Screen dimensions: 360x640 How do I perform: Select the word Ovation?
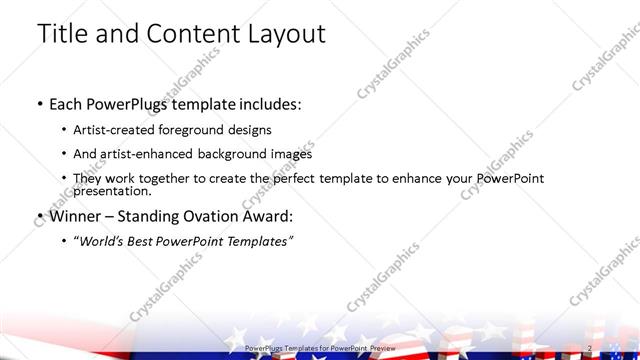tap(210, 215)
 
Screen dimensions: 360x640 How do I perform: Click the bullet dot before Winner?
tap(38, 216)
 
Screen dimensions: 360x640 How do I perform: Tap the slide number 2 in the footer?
tap(591, 348)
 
